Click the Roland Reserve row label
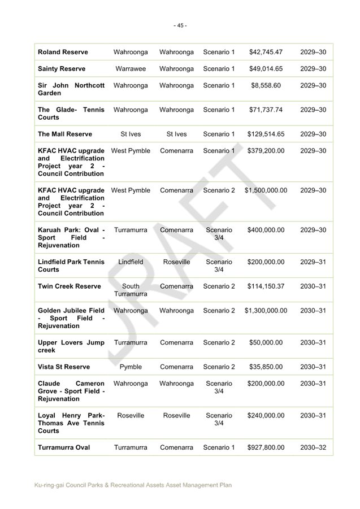pyautogui.click(x=63, y=52)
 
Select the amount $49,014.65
pyautogui.click(x=266, y=69)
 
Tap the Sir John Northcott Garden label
pyautogui.click(x=71, y=89)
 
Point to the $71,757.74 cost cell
pyautogui.click(x=266, y=110)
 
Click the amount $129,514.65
pyautogui.click(x=266, y=134)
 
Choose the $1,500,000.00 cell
pyautogui.click(x=266, y=191)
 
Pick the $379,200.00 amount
pyautogui.click(x=266, y=151)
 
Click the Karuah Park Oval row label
pyautogui.click(x=71, y=238)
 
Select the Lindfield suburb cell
pyautogui.click(x=131, y=262)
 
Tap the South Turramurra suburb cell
pyautogui.click(x=131, y=290)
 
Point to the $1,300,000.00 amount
pyautogui.click(x=266, y=311)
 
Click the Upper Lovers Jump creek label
pyautogui.click(x=71, y=346)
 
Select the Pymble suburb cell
pyautogui.click(x=131, y=367)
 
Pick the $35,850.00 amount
pyautogui.click(x=266, y=367)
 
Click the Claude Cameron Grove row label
pyautogui.click(x=71, y=391)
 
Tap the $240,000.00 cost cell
pyautogui.click(x=266, y=416)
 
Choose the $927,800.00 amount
pyautogui.click(x=266, y=447)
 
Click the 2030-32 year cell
pyautogui.click(x=313, y=447)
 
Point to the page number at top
pyautogui.click(x=180, y=25)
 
